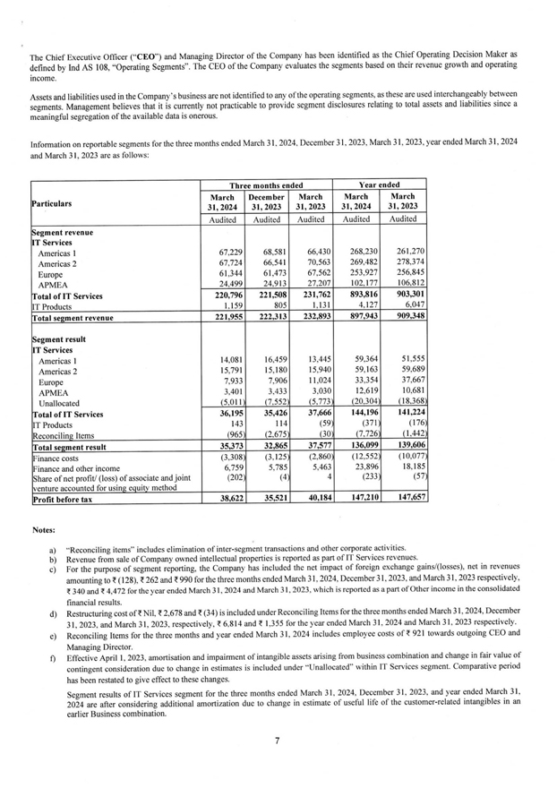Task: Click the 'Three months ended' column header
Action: tap(266, 184)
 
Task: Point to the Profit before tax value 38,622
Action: tap(231, 500)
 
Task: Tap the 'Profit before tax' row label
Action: tap(68, 500)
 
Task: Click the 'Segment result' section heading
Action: tap(63, 339)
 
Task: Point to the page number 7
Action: tap(278, 740)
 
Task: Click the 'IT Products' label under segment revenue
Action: tap(56, 305)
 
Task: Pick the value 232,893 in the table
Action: tap(313, 317)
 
